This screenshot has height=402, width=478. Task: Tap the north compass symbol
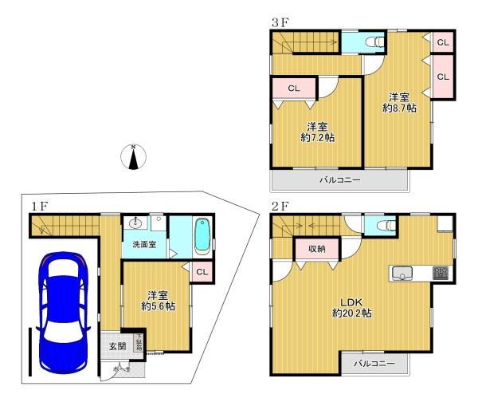(134, 158)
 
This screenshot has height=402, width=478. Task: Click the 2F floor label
(279, 206)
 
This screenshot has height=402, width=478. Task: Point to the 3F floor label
(279, 22)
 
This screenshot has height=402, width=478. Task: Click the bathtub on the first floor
(201, 236)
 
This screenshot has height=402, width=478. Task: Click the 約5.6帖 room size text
(158, 305)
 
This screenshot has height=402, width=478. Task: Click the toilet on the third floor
(371, 42)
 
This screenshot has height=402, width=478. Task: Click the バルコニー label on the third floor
(340, 180)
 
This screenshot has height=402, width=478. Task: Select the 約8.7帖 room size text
(400, 106)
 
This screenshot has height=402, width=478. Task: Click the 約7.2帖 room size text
(317, 137)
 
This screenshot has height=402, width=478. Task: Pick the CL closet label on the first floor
(202, 272)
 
